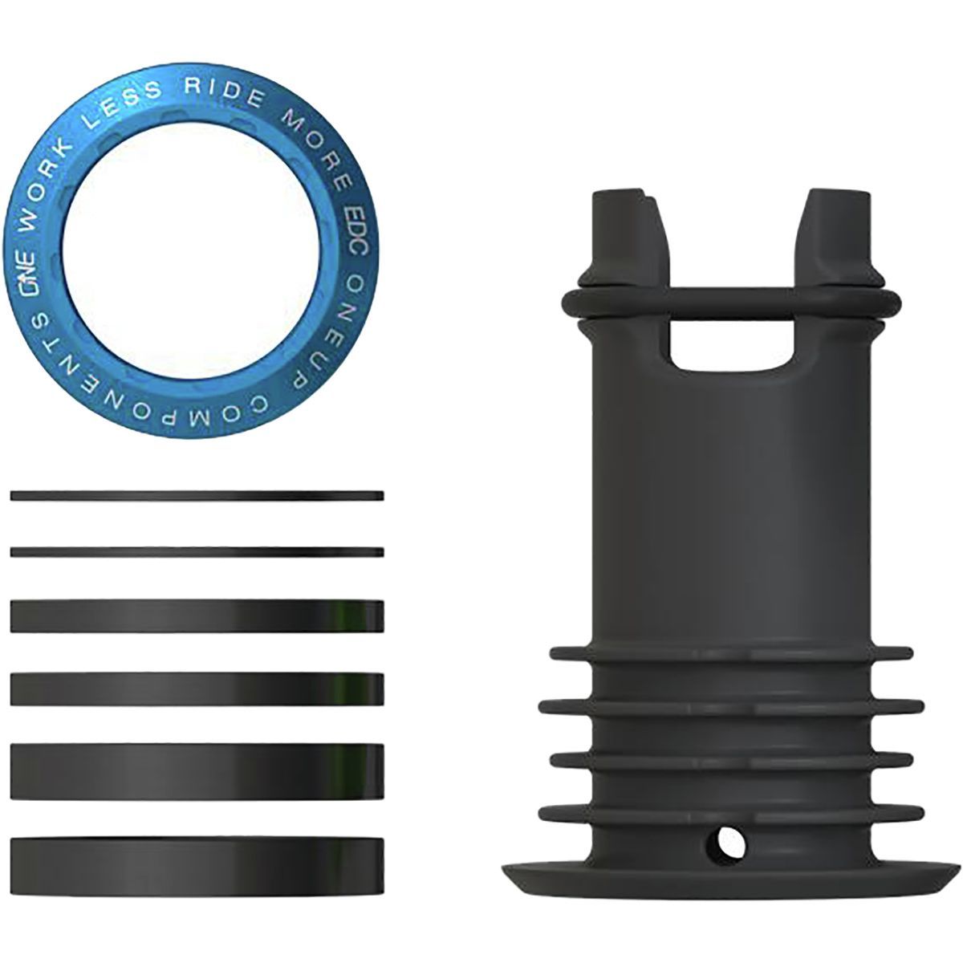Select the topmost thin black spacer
197,496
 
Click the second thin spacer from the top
197,551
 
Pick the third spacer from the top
197,616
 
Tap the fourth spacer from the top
197,688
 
